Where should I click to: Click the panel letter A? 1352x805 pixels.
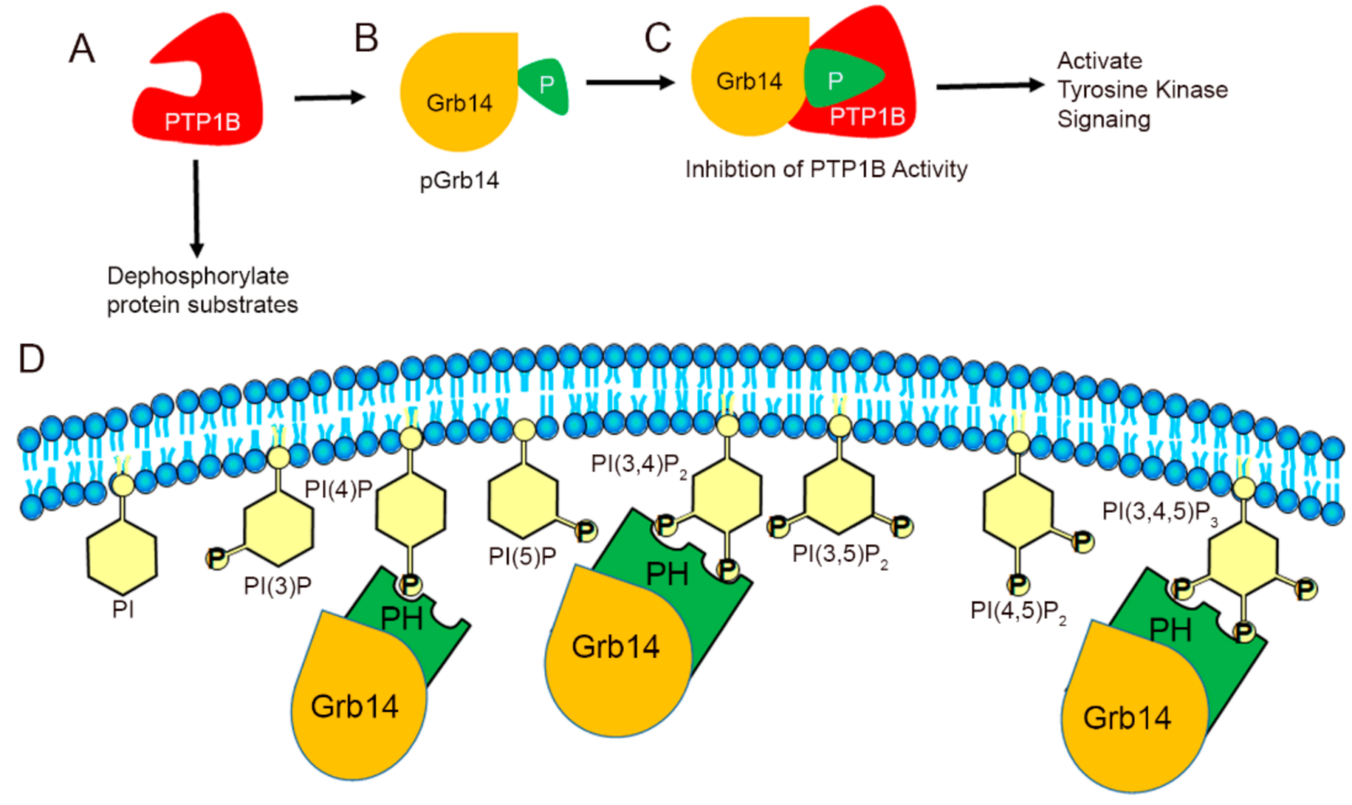click(82, 49)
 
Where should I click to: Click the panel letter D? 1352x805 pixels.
click(31, 359)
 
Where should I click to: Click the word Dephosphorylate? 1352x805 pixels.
click(197, 276)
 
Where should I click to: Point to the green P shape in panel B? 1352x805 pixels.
click(544, 86)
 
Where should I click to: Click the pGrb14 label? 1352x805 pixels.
click(459, 181)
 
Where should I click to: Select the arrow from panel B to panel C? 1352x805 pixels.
click(629, 82)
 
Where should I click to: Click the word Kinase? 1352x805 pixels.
click(1194, 90)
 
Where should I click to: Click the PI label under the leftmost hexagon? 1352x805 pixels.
click(123, 609)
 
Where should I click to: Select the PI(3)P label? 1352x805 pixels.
click(277, 586)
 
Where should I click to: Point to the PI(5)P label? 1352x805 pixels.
click(522, 557)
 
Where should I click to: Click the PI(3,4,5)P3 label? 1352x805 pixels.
click(1160, 512)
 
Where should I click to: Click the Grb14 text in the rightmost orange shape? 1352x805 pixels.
click(1126, 718)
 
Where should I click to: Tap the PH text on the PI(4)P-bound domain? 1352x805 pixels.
click(401, 619)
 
